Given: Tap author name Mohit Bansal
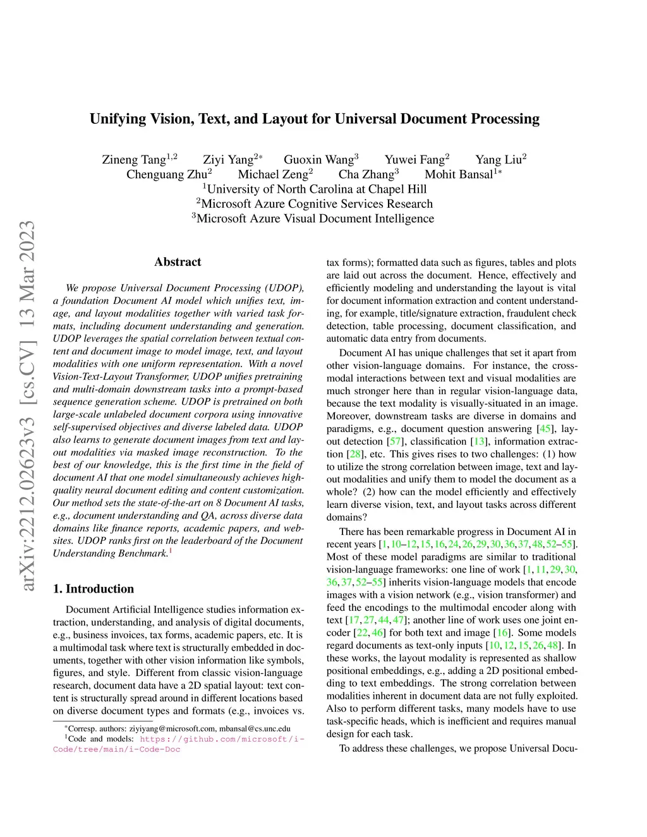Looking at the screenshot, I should click(459, 174).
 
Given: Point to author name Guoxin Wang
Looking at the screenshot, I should click(318, 159).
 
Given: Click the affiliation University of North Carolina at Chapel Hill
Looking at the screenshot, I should click(317, 189).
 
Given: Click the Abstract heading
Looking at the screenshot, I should click(178, 262).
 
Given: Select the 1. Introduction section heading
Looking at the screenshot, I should click(94, 589).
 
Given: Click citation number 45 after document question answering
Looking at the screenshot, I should click(545, 429).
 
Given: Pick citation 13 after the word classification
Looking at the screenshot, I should click(480, 442).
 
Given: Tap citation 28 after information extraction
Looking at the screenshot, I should click(355, 454).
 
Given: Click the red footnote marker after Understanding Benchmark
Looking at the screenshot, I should click(171, 551).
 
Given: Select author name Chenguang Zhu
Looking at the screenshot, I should click(167, 174).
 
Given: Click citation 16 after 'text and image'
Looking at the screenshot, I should click(502, 632).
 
